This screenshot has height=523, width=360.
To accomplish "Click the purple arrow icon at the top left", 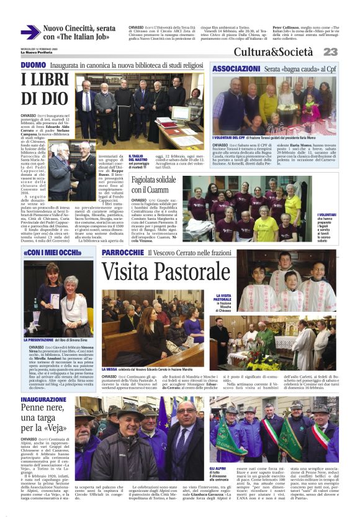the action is [x=30, y=32].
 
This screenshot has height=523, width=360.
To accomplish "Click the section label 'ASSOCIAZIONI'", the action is [x=235, y=67].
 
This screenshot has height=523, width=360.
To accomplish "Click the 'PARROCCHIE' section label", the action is [x=123, y=253].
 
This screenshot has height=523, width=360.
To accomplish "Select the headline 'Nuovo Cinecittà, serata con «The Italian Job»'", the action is [x=79, y=33].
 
